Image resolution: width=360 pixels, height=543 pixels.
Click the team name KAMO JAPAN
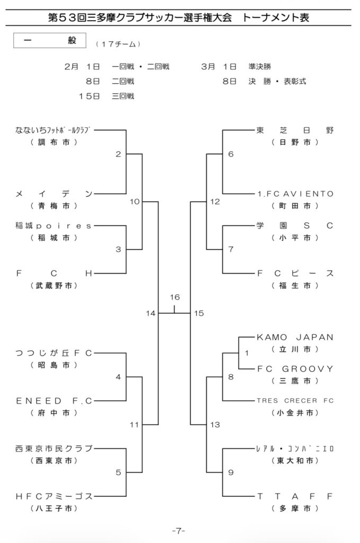pos(295,337)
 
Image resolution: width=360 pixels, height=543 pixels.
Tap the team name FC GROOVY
pos(295,369)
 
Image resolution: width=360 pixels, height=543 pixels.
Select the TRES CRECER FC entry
pos(295,400)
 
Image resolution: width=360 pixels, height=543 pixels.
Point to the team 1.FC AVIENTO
pos(295,194)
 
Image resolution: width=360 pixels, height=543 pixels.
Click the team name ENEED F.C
pos(54,400)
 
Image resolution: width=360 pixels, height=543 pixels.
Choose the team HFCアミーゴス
pos(54,496)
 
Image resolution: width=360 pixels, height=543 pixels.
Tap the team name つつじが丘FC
pos(54,353)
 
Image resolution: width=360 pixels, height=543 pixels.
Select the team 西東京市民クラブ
pos(54,449)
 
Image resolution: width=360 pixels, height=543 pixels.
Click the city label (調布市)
pos(54,142)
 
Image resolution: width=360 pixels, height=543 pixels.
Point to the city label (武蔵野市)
pos(54,285)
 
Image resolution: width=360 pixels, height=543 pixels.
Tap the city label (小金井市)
pos(295,412)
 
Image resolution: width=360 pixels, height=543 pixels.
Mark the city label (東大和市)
pos(295,460)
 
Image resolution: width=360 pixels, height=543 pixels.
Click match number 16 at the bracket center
pos(175,297)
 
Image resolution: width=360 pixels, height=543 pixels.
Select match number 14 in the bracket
pos(151,313)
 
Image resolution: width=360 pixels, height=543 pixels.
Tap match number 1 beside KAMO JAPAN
pos(247,353)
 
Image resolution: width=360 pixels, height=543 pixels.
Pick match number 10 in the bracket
pos(134,202)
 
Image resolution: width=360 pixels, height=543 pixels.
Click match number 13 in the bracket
pos(214,424)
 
